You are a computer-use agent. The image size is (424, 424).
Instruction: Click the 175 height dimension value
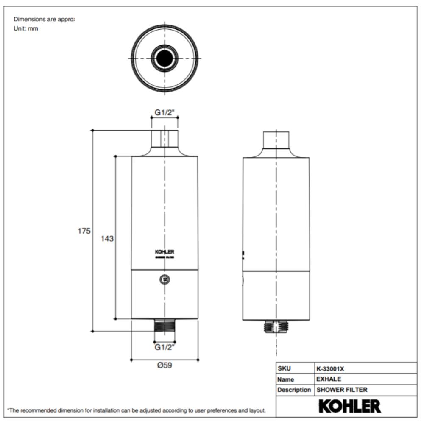(84, 231)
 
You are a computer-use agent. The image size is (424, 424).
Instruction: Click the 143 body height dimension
(107, 239)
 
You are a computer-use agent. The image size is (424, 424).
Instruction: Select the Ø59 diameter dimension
(165, 365)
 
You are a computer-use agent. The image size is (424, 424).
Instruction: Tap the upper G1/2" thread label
(165, 113)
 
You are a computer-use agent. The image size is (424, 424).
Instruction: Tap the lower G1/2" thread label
(165, 347)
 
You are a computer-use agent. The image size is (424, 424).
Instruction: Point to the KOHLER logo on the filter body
(165, 252)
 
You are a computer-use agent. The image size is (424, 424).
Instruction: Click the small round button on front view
(165, 279)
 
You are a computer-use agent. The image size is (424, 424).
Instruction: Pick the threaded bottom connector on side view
(276, 327)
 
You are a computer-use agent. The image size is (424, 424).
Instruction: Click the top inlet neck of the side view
(276, 139)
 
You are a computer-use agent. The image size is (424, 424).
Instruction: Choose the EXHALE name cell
(329, 379)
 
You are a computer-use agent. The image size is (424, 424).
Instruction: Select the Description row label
(294, 390)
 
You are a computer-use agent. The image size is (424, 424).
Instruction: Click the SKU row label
(284, 368)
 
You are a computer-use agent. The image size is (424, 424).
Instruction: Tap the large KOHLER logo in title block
(349, 406)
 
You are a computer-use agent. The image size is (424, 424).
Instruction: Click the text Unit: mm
(26, 29)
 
